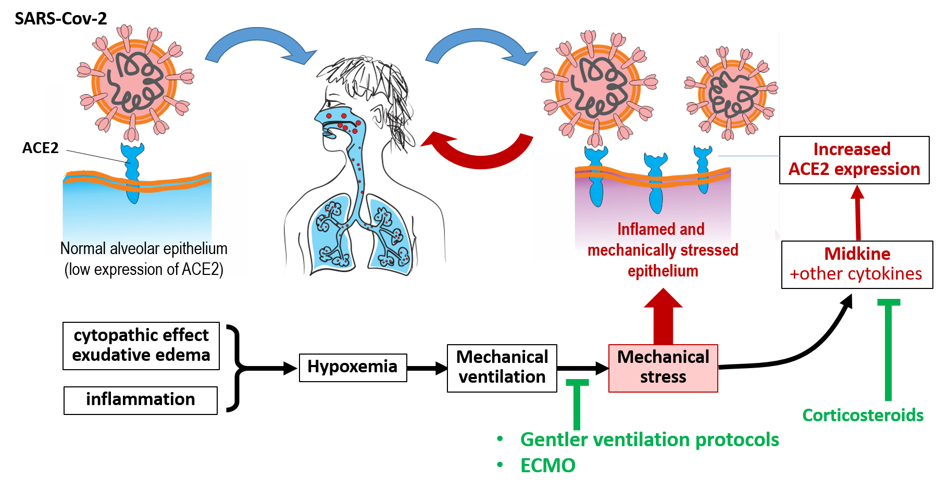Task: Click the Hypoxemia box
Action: coord(353,367)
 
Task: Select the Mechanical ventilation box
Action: coord(502,368)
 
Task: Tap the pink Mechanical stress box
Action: coord(663,368)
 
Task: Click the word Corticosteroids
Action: coord(863,415)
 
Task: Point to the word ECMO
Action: coord(547,465)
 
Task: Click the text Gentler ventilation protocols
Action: coord(649,439)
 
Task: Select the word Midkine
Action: coord(857,254)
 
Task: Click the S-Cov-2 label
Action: coord(77,19)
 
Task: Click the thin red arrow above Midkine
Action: coord(857,211)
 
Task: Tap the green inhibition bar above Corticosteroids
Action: coord(888,349)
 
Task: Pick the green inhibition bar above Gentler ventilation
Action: coord(577,404)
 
